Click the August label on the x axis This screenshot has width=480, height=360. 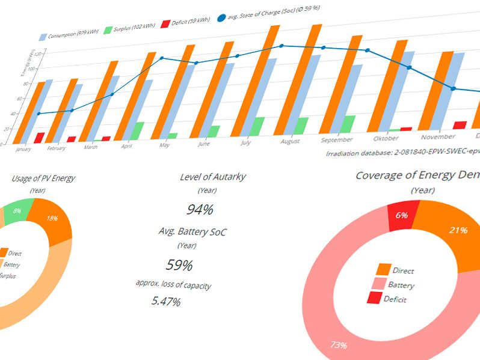click(x=290, y=142)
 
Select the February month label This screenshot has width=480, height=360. click(x=56, y=148)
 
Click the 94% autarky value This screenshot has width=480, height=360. click(x=199, y=209)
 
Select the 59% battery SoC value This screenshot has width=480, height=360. click(x=179, y=264)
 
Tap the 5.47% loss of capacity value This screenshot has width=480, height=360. click(x=165, y=302)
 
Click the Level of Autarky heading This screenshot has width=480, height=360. click(x=212, y=177)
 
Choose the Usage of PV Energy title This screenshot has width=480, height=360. click(x=43, y=178)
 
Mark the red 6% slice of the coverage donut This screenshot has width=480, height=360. click(x=402, y=215)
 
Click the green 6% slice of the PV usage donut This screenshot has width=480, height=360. click(x=17, y=211)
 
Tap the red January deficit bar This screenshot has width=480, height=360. click(x=40, y=138)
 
